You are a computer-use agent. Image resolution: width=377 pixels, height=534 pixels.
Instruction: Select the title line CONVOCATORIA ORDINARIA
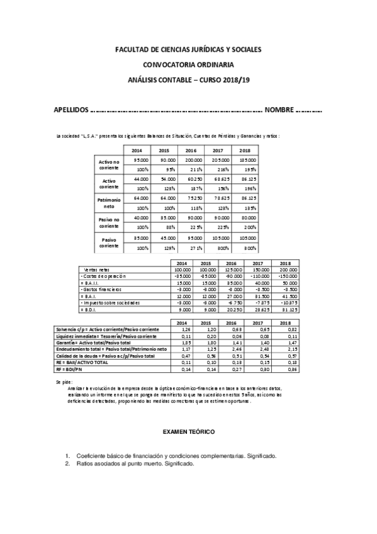(188, 64)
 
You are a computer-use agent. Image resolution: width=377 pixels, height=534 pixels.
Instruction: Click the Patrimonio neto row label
(109, 203)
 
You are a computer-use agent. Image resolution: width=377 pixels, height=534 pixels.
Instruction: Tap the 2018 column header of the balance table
(244, 151)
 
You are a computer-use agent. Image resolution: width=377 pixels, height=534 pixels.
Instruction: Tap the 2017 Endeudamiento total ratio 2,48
(255, 348)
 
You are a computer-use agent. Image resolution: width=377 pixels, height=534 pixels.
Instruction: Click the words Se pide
(64, 382)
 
